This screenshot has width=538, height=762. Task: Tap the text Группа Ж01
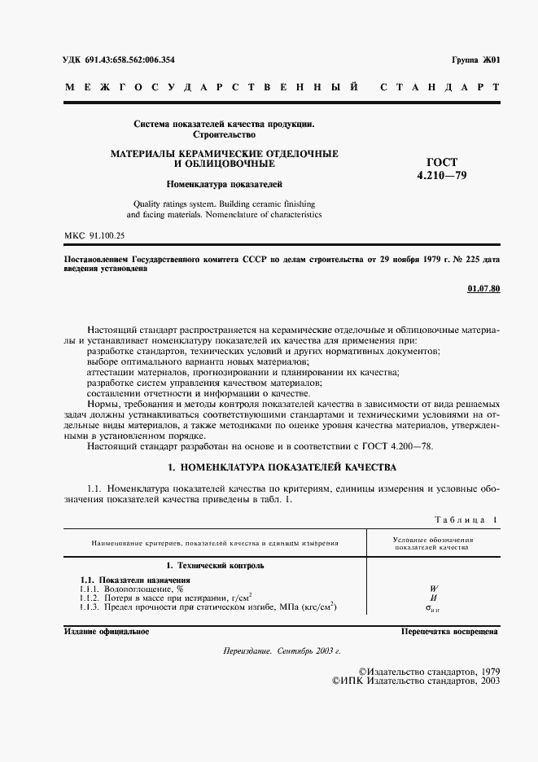(475, 61)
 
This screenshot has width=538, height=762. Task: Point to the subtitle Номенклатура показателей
(223, 184)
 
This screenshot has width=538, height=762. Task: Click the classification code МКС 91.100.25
(94, 236)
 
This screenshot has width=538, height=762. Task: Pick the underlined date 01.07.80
(484, 289)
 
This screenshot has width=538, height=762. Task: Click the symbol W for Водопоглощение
(433, 588)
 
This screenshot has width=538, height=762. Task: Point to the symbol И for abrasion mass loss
(433, 598)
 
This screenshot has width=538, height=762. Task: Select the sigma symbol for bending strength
(433, 608)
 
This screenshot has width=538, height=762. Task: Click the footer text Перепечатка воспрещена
(450, 632)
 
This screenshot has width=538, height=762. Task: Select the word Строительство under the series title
(223, 134)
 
